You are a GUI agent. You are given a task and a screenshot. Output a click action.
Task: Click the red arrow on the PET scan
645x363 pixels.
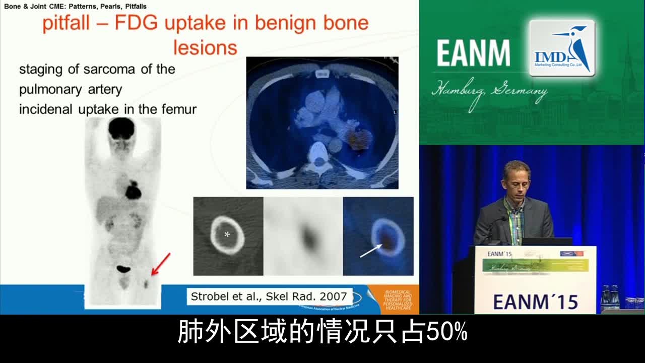[161, 264]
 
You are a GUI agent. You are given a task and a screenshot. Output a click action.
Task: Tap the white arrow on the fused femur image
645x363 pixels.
[370, 250]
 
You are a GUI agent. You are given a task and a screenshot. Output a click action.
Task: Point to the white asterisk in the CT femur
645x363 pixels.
[227, 234]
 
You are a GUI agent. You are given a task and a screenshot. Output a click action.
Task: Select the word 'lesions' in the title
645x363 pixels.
[205, 47]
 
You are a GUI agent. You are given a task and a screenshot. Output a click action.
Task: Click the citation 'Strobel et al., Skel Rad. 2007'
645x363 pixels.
[269, 296]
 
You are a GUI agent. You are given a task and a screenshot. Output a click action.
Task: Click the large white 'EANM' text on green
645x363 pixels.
[473, 53]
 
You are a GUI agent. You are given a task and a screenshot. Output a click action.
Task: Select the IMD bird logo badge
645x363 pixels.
[562, 48]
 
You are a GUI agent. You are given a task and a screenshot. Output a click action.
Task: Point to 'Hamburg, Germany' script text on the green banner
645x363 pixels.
[489, 94]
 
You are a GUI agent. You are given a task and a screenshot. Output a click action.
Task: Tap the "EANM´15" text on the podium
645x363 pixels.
[535, 301]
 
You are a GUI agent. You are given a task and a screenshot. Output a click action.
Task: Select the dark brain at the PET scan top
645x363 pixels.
[121, 128]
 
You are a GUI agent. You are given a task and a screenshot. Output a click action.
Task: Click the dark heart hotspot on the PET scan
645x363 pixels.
[134, 191]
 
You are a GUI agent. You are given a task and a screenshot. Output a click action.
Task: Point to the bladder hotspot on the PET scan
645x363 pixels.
[123, 269]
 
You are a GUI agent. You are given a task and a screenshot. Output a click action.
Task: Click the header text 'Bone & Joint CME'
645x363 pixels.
[36, 7]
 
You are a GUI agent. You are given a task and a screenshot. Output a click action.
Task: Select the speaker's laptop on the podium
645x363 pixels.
[546, 241]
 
